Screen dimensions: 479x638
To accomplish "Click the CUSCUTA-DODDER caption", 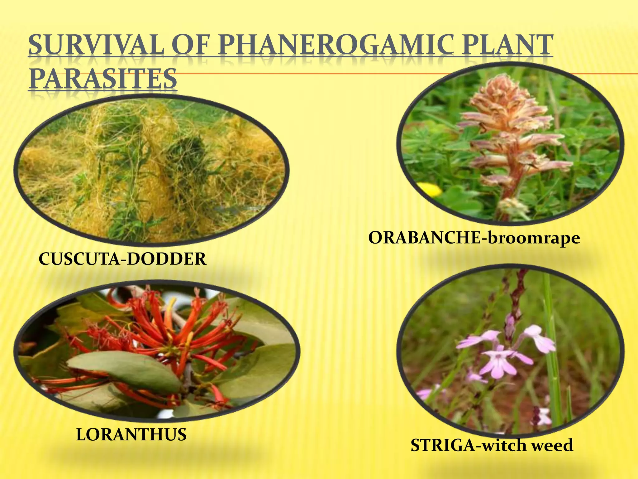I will click(x=122, y=259).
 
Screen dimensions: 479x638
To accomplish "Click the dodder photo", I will click(x=151, y=170).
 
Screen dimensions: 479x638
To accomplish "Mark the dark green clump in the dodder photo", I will click(x=187, y=150).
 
